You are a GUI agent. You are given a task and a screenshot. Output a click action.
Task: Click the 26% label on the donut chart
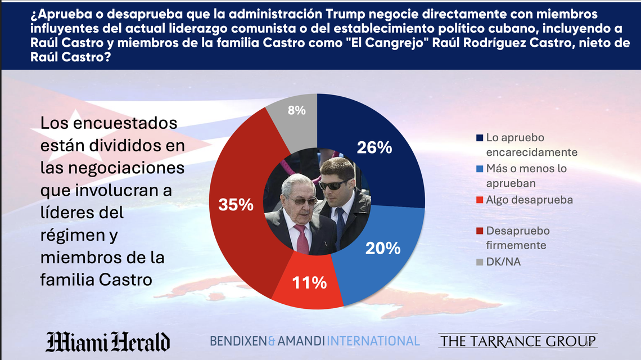click(374, 147)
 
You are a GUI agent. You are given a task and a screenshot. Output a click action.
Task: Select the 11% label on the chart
click(309, 282)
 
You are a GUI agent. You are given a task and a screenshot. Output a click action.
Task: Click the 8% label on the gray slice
click(296, 111)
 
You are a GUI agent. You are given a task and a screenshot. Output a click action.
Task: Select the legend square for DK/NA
click(479, 262)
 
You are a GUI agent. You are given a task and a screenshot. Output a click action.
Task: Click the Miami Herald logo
click(107, 341)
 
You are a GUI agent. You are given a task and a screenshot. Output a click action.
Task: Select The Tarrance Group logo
click(517, 341)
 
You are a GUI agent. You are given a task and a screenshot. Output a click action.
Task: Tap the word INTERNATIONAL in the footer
click(373, 341)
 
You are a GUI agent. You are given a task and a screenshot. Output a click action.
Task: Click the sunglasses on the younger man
click(333, 184)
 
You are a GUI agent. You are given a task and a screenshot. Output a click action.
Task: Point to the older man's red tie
click(302, 240)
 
